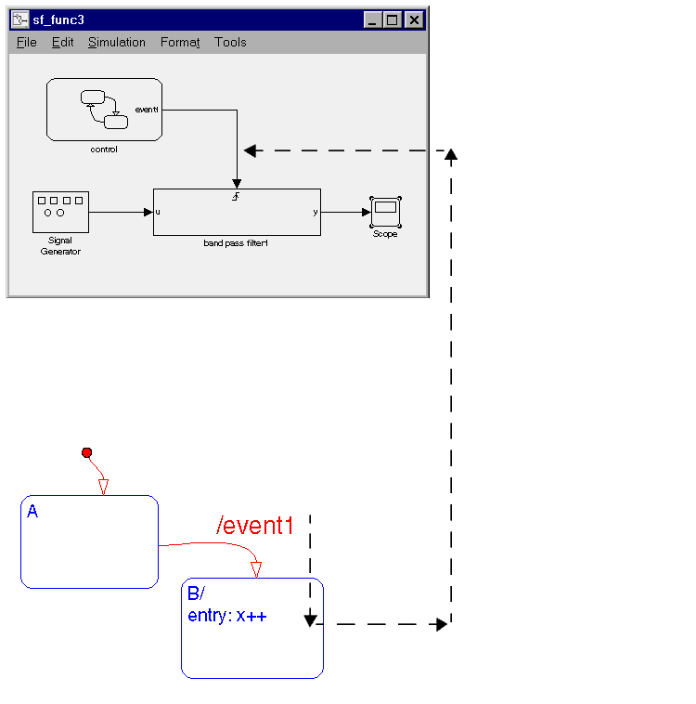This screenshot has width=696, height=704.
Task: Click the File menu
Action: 26,43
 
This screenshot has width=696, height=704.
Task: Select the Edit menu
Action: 62,43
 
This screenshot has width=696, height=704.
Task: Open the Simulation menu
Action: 117,43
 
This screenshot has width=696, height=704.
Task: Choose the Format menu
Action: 180,43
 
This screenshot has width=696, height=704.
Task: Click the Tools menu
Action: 230,43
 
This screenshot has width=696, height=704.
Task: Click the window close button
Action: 414,20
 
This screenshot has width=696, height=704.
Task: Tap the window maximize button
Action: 393,20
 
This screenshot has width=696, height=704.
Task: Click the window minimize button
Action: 372,20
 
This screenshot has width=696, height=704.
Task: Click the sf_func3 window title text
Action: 58,20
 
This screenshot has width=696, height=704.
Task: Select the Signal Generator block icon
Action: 60,212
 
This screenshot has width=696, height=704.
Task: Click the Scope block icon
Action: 385,211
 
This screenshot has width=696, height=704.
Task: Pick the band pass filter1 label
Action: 236,243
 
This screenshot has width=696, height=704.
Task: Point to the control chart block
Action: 104,110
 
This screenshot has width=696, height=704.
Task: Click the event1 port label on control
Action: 147,110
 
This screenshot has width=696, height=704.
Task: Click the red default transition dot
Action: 87,452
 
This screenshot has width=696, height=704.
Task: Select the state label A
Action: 32,511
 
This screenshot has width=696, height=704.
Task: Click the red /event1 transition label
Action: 255,527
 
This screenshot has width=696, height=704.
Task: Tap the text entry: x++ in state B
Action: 227,616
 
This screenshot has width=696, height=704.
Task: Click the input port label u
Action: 158,212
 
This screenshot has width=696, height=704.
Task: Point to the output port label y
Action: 316,212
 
